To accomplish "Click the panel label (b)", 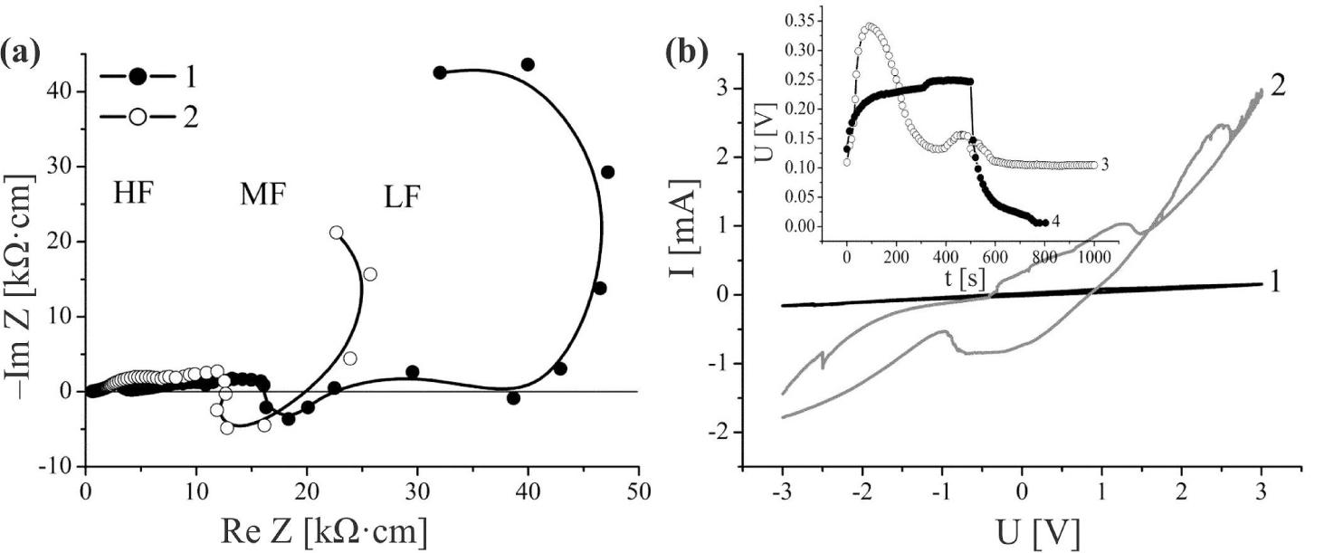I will (685, 53).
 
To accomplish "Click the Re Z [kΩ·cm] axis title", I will (323, 530).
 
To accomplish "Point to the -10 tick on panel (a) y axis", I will (58, 466).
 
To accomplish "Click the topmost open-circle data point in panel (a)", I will (337, 233).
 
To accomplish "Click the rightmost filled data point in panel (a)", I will (608, 172).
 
